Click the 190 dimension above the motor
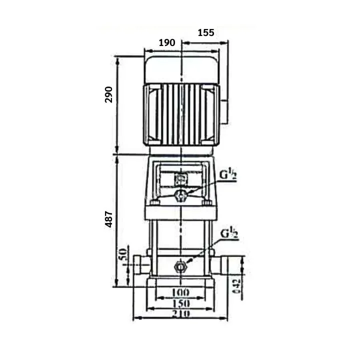[166, 43]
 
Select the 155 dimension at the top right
[205, 33]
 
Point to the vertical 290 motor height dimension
[109, 94]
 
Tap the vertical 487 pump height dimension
[109, 219]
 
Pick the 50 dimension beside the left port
[122, 254]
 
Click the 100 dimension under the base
[180, 291]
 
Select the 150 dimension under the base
[180, 303]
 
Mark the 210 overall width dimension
[180, 314]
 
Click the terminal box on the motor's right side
[224, 110]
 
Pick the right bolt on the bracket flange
[205, 203]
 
